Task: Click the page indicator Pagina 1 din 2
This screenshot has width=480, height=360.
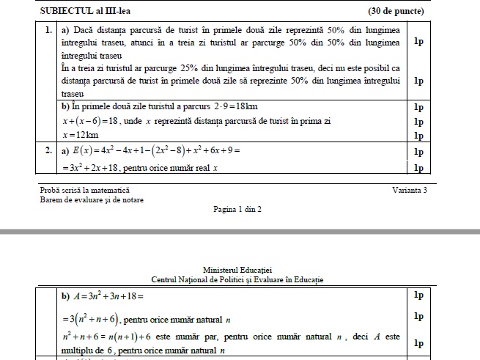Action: [x=237, y=209]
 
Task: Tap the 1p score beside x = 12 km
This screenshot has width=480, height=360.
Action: [x=418, y=136]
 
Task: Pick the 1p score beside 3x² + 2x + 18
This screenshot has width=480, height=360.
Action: [x=418, y=168]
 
